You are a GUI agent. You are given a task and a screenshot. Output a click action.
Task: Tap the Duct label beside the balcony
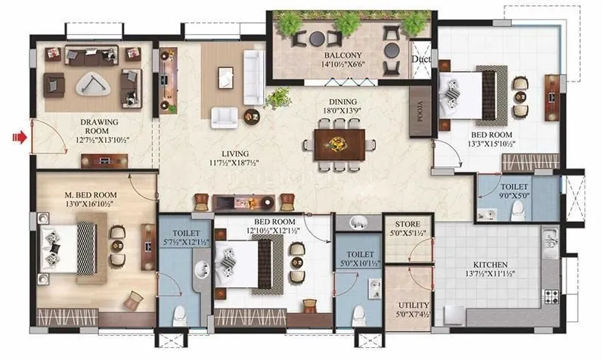pyautogui.click(x=420, y=60)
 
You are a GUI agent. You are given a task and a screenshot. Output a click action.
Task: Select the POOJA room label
pyautogui.click(x=419, y=114)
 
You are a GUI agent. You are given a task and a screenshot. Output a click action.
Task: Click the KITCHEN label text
pyautogui.click(x=485, y=265)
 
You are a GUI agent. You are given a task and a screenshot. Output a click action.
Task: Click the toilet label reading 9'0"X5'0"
pyautogui.click(x=514, y=194)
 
